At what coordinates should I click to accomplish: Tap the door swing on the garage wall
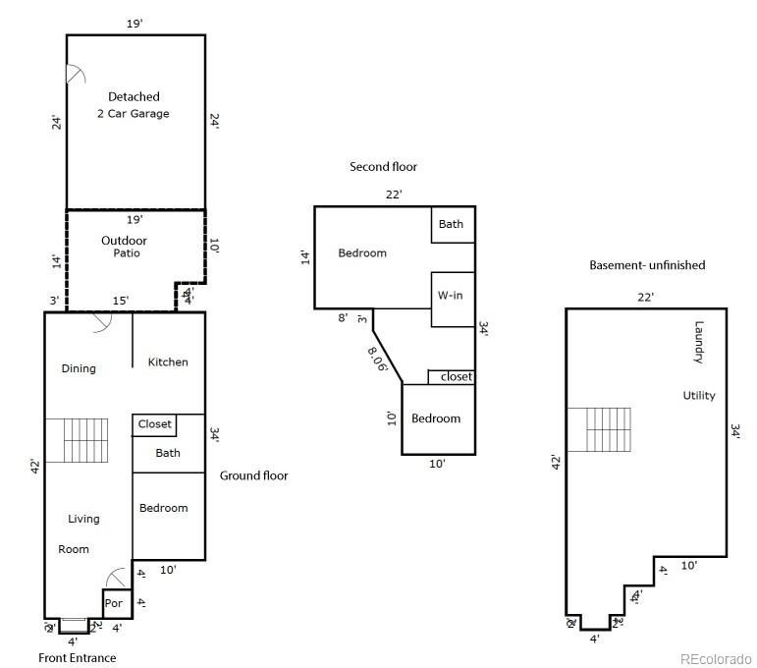point(75,76)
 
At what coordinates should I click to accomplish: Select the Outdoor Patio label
point(124,247)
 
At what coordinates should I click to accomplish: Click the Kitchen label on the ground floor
point(168,362)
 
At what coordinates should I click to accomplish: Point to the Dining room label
point(79,369)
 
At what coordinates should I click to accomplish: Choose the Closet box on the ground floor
point(154,425)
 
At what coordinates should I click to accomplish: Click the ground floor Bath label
point(168,453)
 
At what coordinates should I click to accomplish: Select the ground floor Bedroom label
point(163,508)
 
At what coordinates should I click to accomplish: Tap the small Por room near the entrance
point(114,603)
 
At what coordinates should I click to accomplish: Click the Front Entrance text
point(77,658)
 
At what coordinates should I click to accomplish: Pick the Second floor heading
point(384,167)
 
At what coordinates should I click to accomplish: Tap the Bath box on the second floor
point(452,225)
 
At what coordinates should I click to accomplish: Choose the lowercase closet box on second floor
point(452,377)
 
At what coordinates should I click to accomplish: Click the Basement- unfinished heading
point(647,265)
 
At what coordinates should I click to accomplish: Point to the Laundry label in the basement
point(699,342)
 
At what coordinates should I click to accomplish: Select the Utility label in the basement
point(699,396)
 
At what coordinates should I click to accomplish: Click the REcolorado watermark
point(716,658)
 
